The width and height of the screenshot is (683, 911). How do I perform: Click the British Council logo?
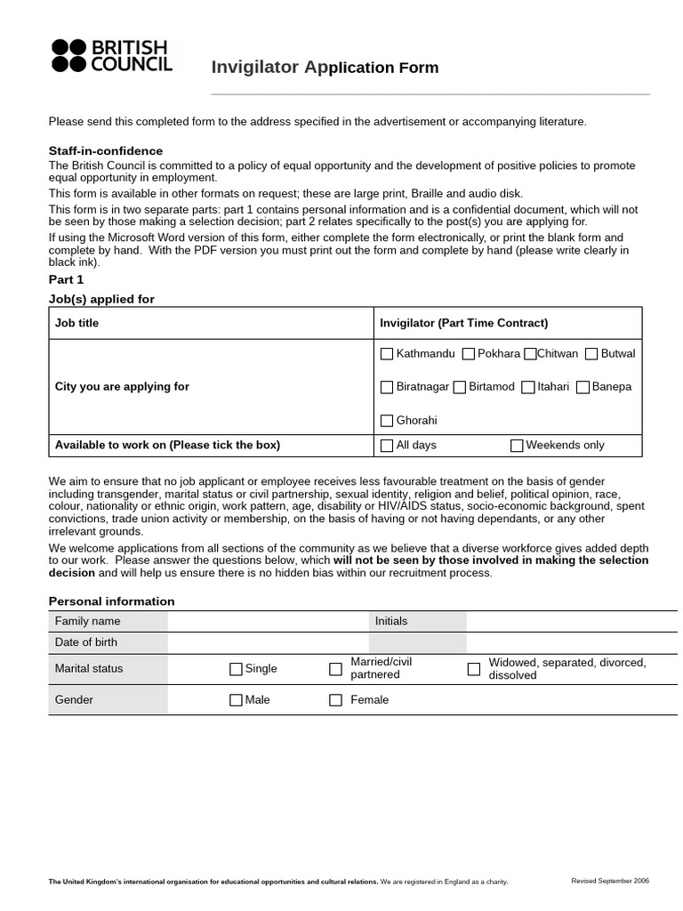tap(112, 55)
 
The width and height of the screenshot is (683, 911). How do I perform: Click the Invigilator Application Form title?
tap(325, 68)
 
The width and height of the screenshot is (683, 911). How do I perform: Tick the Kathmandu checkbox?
tap(387, 354)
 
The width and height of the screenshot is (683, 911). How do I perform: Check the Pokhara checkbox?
tap(469, 354)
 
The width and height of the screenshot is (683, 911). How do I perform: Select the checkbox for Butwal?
tap(591, 354)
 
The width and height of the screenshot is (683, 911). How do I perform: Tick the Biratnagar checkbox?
tap(387, 387)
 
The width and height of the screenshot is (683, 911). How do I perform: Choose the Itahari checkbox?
tap(528, 387)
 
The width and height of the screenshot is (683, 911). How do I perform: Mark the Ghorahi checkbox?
tap(387, 421)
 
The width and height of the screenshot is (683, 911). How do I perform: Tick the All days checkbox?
tap(387, 446)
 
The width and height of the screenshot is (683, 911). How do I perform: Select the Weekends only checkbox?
tap(517, 446)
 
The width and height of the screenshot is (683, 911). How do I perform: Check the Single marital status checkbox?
tap(236, 669)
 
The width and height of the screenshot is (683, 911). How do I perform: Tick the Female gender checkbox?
tap(335, 700)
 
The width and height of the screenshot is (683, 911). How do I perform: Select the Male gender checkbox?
tap(236, 700)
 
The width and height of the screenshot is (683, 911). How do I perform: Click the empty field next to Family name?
tap(267, 621)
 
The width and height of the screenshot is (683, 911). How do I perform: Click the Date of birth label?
tap(86, 642)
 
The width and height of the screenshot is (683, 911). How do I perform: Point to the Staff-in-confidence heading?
tap(105, 151)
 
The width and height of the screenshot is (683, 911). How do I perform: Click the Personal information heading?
tap(111, 601)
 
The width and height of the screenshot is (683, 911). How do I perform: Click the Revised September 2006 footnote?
tap(609, 881)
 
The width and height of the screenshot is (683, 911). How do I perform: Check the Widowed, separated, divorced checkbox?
tap(474, 669)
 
